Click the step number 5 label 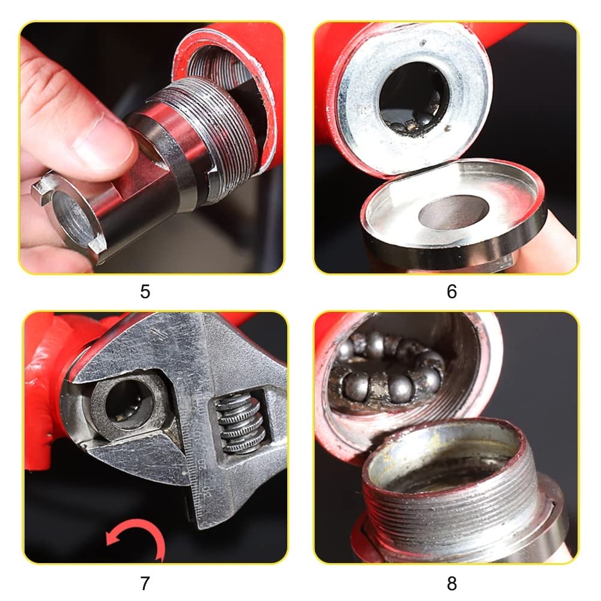(x=145, y=291)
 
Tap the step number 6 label (x=452, y=291)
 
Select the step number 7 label (x=145, y=584)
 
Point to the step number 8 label (x=452, y=584)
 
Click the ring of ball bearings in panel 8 (x=387, y=372)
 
